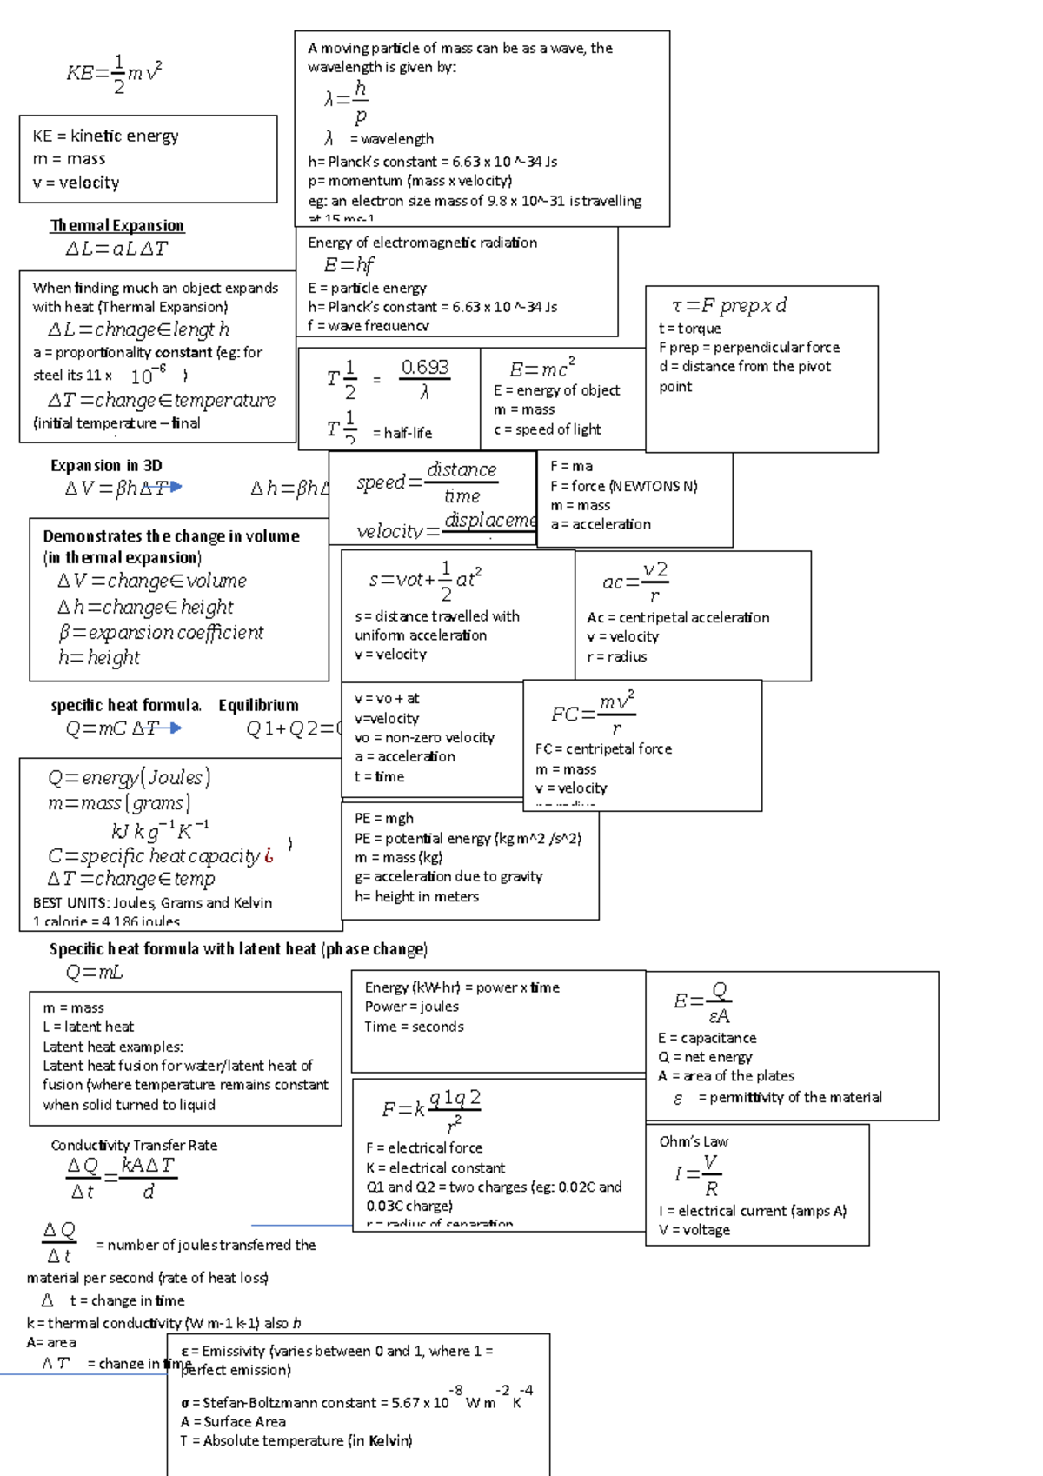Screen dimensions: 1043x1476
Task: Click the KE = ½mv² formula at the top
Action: [114, 74]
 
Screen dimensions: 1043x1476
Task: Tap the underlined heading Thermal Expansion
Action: [117, 226]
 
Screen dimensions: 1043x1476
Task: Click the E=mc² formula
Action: [541, 367]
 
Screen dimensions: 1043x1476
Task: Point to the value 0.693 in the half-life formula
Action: [425, 368]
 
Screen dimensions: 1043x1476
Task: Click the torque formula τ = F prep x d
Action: [729, 306]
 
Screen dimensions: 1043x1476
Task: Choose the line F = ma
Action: [571, 467]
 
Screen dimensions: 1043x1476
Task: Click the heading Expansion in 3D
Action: [106, 466]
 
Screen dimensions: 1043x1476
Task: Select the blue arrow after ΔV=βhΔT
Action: [176, 488]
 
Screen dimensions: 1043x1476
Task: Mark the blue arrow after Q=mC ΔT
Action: [176, 728]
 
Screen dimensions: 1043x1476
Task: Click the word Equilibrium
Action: [258, 705]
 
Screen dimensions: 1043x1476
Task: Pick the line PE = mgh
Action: [384, 818]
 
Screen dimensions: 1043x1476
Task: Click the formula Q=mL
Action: [94, 972]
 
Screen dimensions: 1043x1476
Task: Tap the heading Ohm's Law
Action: [694, 1141]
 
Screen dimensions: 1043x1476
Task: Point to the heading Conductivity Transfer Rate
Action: [134, 1146]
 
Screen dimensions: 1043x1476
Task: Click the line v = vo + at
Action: [387, 698]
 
